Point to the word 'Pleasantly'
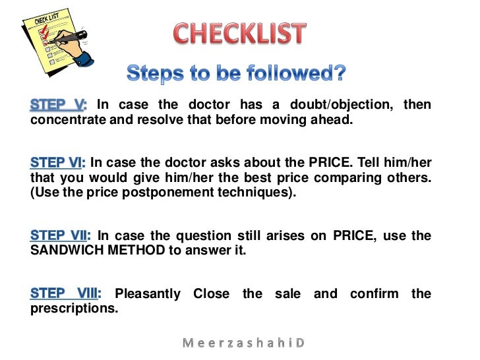point(148,293)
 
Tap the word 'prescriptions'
point(73,308)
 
